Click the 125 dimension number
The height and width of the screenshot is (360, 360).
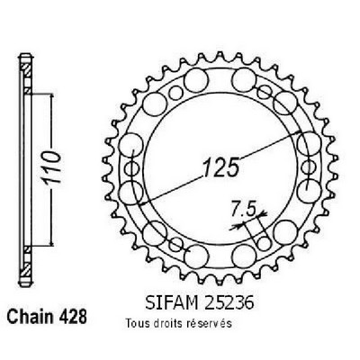pyautogui.click(x=221, y=166)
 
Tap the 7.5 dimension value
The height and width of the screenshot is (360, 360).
pyautogui.click(x=243, y=209)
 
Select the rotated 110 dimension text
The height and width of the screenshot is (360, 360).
pyautogui.click(x=52, y=167)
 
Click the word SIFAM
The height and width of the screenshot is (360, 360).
pyautogui.click(x=171, y=303)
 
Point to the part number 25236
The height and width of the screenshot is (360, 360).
pyautogui.click(x=228, y=303)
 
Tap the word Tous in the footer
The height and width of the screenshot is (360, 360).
pyautogui.click(x=138, y=323)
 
